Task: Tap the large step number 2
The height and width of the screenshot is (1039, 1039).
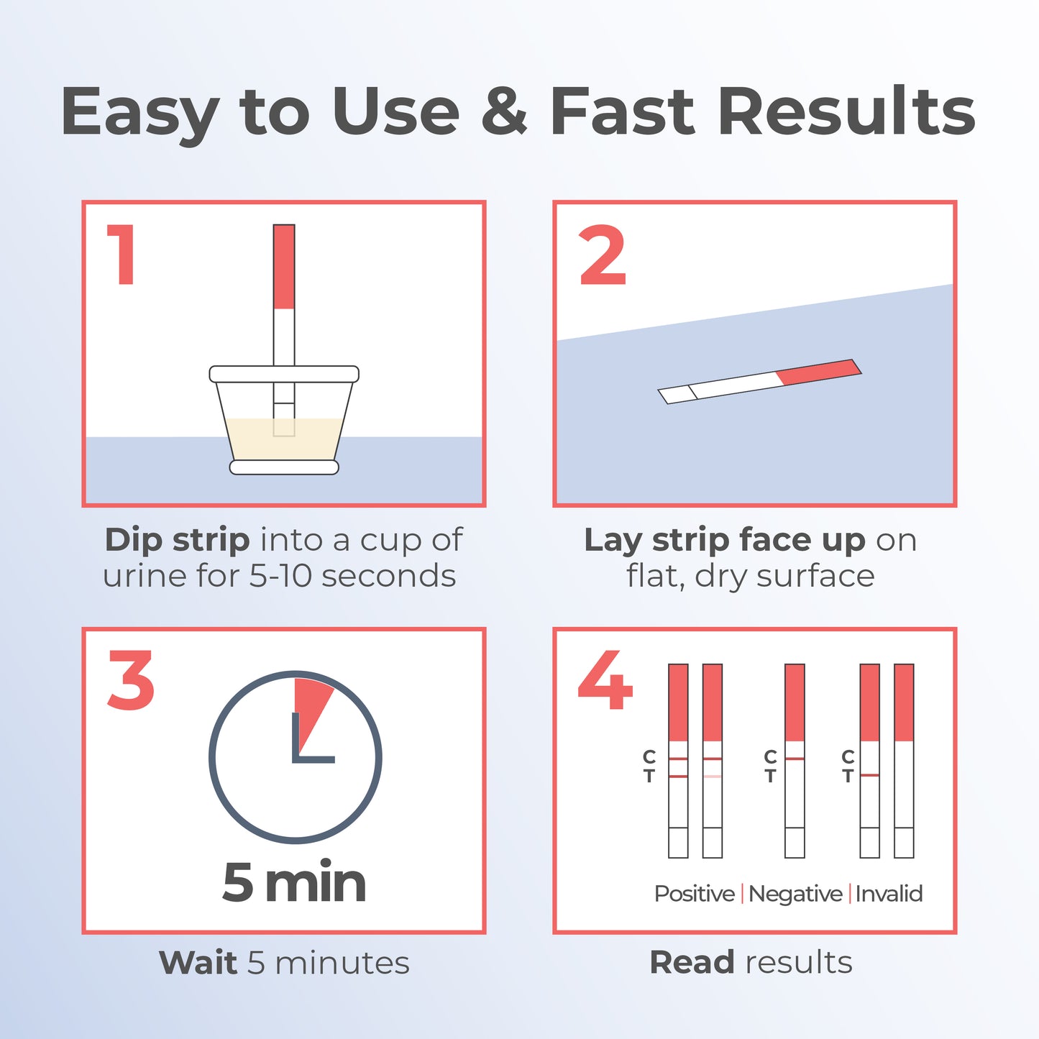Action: pos(603,256)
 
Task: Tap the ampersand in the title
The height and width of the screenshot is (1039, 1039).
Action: pos(504,111)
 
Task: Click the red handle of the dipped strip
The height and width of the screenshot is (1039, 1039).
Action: pos(284,266)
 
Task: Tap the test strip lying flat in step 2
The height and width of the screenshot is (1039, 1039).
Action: pos(759,381)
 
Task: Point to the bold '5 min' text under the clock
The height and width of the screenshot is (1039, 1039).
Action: pos(294,882)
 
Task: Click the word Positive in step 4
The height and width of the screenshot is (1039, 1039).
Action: pos(694,894)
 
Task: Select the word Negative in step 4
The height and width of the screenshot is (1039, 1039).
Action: pos(795,894)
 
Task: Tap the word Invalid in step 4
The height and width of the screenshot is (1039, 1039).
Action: pos(889,894)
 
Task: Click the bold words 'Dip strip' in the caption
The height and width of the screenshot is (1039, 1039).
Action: pos(177,540)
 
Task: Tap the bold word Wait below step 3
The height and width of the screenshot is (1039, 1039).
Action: pos(198,963)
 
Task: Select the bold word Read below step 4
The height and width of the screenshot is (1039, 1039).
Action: pos(692,963)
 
